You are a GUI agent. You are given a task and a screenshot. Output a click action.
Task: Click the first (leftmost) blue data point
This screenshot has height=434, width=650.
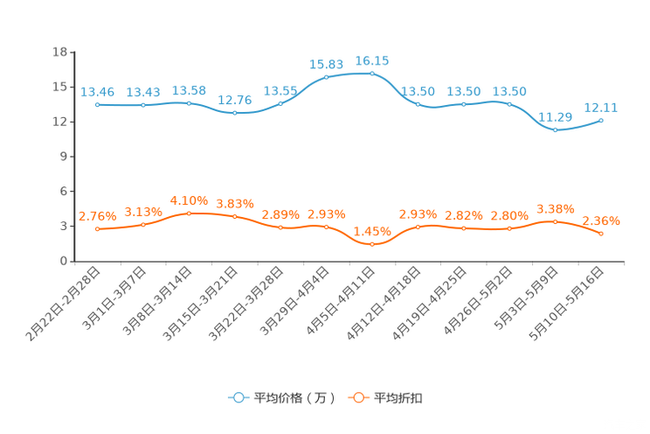click(97, 104)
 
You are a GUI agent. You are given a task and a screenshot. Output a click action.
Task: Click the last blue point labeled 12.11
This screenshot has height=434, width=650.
click(601, 121)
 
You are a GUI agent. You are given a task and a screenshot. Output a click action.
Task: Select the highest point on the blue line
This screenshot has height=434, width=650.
click(371, 73)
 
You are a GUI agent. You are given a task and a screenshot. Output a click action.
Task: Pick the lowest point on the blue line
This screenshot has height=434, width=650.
click(555, 131)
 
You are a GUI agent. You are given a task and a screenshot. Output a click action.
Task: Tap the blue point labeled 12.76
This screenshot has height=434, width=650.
click(234, 114)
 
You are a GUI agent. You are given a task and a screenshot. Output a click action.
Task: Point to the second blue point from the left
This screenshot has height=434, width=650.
click(142, 105)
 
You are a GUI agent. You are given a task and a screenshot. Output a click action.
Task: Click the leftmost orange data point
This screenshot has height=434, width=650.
click(97, 229)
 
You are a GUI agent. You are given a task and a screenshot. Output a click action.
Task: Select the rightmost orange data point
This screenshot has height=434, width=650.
click(601, 234)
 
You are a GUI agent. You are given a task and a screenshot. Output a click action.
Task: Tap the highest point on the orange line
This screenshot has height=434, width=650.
click(189, 213)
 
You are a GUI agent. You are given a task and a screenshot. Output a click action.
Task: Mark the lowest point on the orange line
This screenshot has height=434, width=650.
click(371, 244)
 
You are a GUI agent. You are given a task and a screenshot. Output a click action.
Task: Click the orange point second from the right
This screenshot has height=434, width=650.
click(555, 221)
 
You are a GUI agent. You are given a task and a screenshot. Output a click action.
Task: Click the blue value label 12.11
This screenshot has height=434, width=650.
click(601, 108)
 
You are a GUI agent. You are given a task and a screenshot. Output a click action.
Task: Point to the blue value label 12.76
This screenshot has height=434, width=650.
click(234, 101)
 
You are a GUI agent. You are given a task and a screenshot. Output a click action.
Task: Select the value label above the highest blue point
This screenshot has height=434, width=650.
click(371, 60)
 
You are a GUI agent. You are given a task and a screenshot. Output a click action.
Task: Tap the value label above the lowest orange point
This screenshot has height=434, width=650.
click(371, 231)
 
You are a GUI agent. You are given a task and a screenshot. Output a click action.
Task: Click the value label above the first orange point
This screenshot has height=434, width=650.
click(97, 216)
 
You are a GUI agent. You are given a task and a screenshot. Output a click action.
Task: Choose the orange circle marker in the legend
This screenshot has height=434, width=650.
click(357, 398)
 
